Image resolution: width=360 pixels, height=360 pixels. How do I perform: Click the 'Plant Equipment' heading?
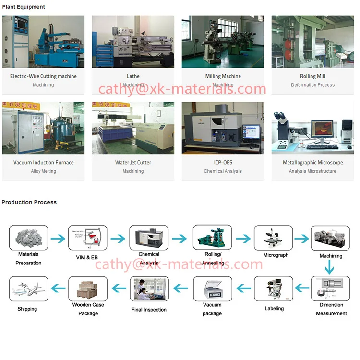pyautogui.click(x=24, y=7)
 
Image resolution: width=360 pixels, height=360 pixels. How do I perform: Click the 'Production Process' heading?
pyautogui.click(x=29, y=202)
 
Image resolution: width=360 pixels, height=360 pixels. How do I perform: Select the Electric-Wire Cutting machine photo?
pyautogui.click(x=43, y=42)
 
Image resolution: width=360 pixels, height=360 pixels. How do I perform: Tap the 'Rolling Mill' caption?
pyautogui.click(x=312, y=76)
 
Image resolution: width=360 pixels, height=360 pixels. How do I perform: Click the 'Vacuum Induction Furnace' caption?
pyautogui.click(x=43, y=163)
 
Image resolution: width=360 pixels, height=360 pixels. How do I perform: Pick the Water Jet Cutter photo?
pyautogui.click(x=133, y=128)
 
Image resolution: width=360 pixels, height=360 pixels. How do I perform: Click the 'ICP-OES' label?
pyautogui.click(x=223, y=163)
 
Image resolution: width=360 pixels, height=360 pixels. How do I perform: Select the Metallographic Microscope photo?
pyautogui.click(x=312, y=128)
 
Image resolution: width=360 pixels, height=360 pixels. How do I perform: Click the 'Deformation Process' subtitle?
pyautogui.click(x=312, y=85)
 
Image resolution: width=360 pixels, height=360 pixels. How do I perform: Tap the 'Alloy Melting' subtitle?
pyautogui.click(x=43, y=171)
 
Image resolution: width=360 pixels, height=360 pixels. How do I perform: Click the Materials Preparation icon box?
pyautogui.click(x=29, y=238)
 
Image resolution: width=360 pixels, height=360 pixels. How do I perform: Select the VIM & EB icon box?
pyautogui.click(x=87, y=238)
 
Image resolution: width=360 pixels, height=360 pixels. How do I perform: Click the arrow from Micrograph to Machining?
pyautogui.click(x=301, y=239)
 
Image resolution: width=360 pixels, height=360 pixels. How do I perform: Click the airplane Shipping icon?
pyautogui.click(x=29, y=288)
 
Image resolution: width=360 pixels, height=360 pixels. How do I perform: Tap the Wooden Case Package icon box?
pyautogui.click(x=87, y=288)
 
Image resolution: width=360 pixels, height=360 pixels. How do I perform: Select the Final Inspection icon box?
pyautogui.click(x=149, y=288)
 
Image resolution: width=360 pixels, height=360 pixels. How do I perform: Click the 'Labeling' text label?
pyautogui.click(x=274, y=309)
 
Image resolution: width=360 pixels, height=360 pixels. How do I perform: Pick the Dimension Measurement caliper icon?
pyautogui.click(x=330, y=288)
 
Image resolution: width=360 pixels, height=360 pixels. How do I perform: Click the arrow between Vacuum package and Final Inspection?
pyautogui.click(x=180, y=288)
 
